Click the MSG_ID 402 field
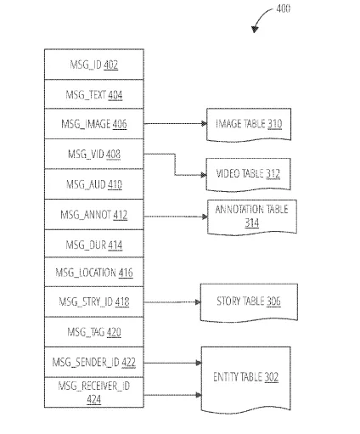coord(94,65)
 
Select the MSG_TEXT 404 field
coord(94,94)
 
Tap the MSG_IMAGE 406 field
coord(94,124)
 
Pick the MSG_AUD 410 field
coord(94,184)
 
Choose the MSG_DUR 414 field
coord(94,244)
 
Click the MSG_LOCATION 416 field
coord(94,273)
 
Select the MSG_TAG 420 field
coord(94,332)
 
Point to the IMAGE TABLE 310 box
coord(249,124)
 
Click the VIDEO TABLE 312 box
coord(248,174)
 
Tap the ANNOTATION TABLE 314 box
coord(252,217)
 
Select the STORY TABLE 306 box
coord(249,302)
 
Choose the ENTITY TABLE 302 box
coord(245,379)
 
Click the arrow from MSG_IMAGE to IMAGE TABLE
coord(176,123)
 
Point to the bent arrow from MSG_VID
coord(175,164)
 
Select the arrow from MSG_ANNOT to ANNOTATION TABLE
coord(176,217)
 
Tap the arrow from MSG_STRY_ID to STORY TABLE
coord(172,302)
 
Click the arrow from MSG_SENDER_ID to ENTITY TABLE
coord(172,363)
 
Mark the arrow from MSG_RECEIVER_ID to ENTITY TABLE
coord(172,395)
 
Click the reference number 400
coord(284,8)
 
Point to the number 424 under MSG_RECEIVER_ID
coord(94,399)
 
